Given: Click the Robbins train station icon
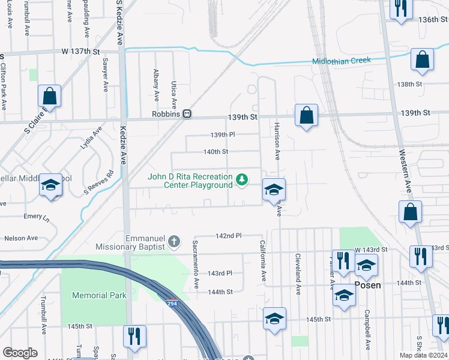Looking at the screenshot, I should [x=187, y=113].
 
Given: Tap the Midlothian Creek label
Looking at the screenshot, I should [x=342, y=61].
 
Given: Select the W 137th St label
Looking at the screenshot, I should [x=80, y=52].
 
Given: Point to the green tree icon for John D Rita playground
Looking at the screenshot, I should [x=242, y=179].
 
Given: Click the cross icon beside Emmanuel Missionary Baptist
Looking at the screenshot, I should [x=174, y=241].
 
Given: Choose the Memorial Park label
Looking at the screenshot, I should [x=100, y=295].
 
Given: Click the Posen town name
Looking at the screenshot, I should [x=369, y=286].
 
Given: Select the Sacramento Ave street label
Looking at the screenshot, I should [x=195, y=265].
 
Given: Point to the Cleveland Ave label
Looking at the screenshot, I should [x=298, y=273].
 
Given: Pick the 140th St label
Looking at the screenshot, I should [x=215, y=152].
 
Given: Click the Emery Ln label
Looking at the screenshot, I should [x=32, y=216].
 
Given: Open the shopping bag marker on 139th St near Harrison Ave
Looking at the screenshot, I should [x=306, y=116].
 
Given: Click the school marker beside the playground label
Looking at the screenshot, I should [x=274, y=190].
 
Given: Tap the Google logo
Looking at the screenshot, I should [x=20, y=353].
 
